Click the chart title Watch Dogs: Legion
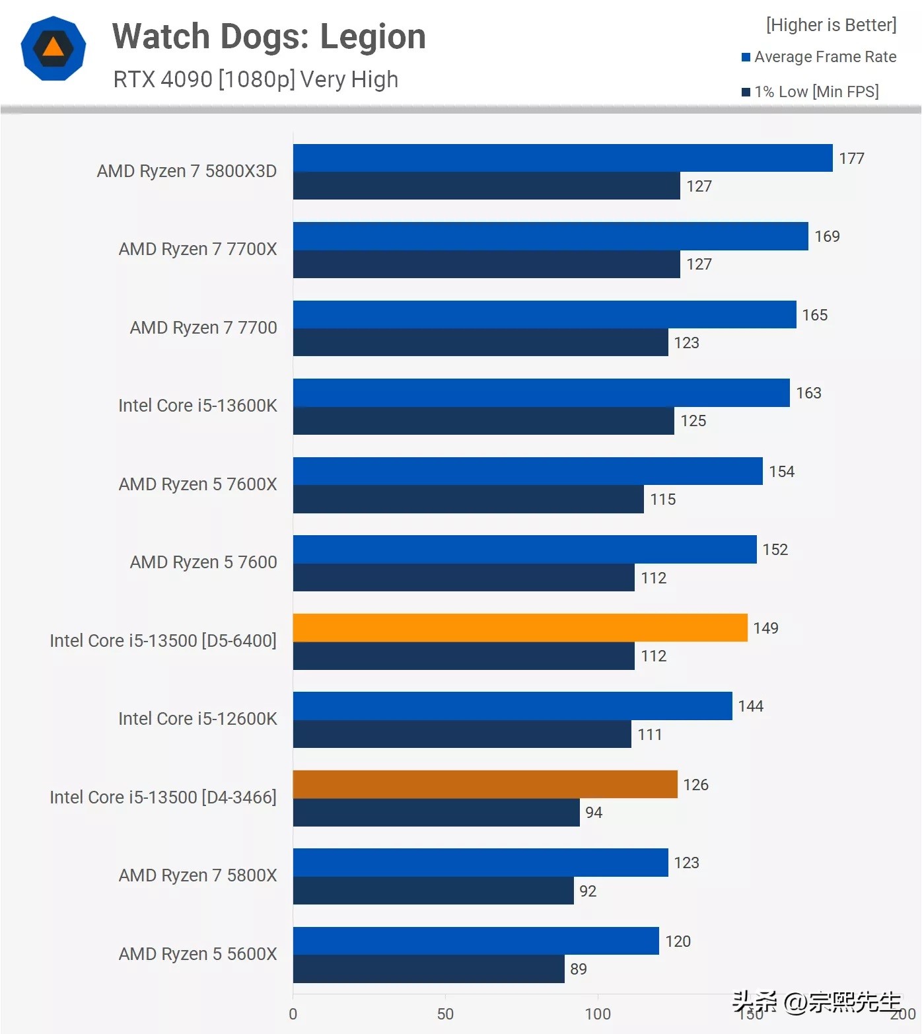click(x=269, y=36)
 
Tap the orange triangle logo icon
click(x=53, y=48)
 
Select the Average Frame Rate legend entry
click(x=818, y=57)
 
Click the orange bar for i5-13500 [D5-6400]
click(x=520, y=628)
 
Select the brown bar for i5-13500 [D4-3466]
click(x=485, y=784)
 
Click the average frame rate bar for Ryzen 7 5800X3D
click(x=562, y=158)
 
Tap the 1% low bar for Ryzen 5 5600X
click(x=429, y=969)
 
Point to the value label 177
click(x=851, y=159)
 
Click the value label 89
click(x=579, y=969)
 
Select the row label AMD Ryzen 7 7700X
click(x=197, y=249)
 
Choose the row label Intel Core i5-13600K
click(x=197, y=406)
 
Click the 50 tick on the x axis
click(x=445, y=1014)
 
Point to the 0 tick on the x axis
click(x=293, y=1014)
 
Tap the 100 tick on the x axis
click(x=598, y=1014)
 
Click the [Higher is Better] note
click(x=831, y=25)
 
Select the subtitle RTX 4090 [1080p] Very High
click(x=256, y=79)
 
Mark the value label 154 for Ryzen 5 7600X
click(x=781, y=472)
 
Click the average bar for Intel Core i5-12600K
click(x=513, y=706)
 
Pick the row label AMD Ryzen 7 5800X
click(x=197, y=875)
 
